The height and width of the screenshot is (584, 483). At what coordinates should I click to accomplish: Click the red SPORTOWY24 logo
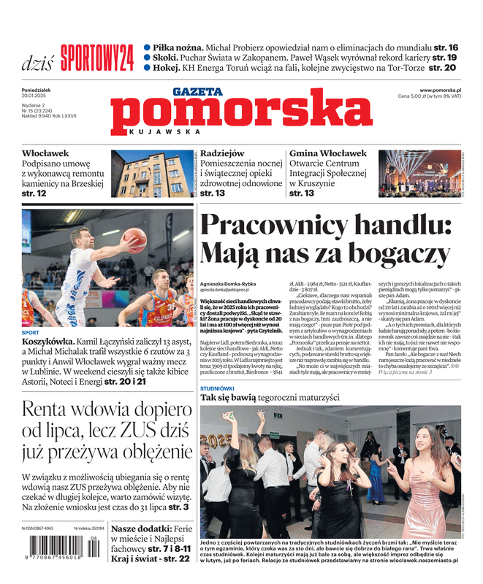(x=97, y=57)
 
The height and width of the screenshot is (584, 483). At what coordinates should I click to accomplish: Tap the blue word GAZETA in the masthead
(x=197, y=91)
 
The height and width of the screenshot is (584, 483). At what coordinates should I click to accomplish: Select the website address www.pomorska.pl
(x=445, y=90)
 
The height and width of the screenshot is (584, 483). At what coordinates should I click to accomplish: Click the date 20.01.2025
(x=35, y=96)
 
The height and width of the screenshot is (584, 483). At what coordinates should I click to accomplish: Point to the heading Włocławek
(x=45, y=154)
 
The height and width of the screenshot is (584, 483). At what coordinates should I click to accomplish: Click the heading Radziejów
(x=222, y=154)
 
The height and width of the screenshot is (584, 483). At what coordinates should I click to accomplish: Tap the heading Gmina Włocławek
(x=328, y=154)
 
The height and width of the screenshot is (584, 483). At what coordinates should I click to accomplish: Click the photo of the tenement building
(x=153, y=174)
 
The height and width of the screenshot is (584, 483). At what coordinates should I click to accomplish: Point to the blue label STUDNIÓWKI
(x=217, y=388)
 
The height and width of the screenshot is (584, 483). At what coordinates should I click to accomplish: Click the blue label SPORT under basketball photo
(x=30, y=332)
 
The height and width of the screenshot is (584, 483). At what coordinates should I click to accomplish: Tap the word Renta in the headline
(x=50, y=410)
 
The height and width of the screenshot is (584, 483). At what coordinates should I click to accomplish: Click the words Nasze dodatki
(x=142, y=529)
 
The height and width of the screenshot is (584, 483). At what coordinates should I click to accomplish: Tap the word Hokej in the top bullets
(x=167, y=67)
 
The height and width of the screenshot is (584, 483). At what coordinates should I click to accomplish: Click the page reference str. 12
(x=34, y=193)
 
